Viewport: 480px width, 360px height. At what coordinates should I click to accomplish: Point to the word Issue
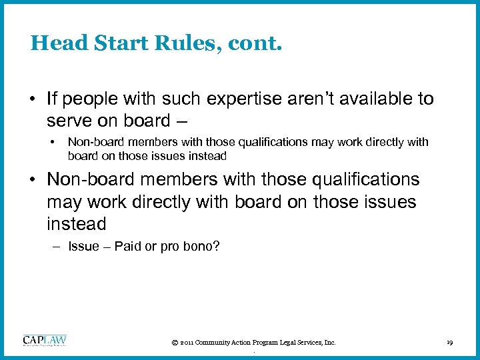[x=83, y=247]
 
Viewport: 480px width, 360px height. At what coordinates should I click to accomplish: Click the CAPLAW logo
[x=45, y=341]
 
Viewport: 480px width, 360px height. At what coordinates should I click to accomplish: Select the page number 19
[x=449, y=343]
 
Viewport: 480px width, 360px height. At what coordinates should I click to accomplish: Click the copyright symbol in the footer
[x=174, y=343]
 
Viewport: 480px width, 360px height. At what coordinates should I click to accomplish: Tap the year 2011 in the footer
[x=187, y=343]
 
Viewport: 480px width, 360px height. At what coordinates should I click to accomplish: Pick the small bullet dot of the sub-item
[x=52, y=142]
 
